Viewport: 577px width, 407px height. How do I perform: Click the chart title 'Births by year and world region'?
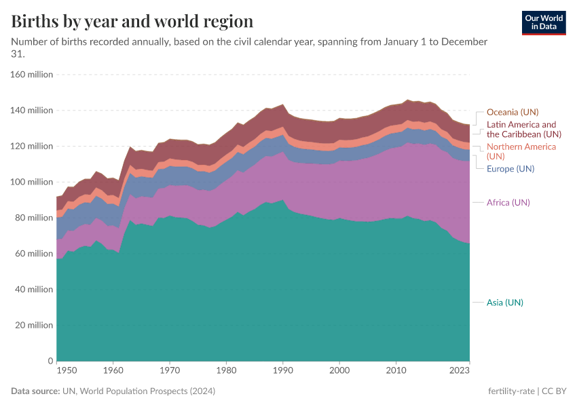[x=132, y=22]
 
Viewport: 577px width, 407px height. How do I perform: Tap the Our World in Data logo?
[x=543, y=22]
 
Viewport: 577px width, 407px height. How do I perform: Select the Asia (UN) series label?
[x=504, y=302]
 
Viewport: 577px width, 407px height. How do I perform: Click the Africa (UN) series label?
[x=508, y=202]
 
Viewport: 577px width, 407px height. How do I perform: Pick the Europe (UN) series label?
[x=510, y=168]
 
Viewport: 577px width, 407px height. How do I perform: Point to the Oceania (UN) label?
[x=513, y=112]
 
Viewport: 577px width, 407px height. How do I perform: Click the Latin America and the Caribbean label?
[x=521, y=129]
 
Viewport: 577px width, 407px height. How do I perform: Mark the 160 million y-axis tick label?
[x=31, y=75]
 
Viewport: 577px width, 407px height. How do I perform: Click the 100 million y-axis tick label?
[x=31, y=182]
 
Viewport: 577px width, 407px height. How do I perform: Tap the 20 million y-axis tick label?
[x=33, y=325]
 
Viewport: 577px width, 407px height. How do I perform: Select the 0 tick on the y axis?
[x=50, y=361]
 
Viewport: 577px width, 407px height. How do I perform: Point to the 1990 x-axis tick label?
[x=283, y=370]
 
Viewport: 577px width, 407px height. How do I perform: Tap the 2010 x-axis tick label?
[x=396, y=370]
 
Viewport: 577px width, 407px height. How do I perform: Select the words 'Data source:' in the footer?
[x=35, y=391]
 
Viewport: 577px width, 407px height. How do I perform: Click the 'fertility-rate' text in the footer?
[x=511, y=391]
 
